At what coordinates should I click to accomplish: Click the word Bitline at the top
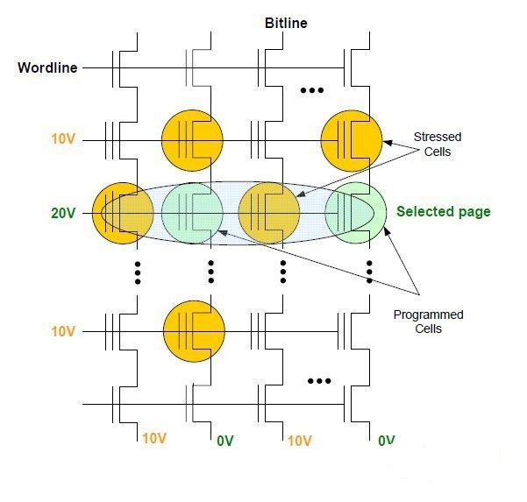[x=286, y=23]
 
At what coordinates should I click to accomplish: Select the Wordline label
[x=47, y=67]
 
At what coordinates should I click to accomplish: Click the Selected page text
[x=444, y=212]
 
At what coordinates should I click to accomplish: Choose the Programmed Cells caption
[x=428, y=322]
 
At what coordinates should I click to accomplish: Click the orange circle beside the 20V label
[x=117, y=213]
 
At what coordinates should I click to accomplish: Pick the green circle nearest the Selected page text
[x=355, y=213]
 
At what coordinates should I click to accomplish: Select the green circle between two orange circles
[x=193, y=213]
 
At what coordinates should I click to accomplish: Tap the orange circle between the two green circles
[x=269, y=213]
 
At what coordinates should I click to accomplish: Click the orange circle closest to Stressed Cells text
[x=352, y=138]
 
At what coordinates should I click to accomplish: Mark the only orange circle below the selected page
[x=195, y=330]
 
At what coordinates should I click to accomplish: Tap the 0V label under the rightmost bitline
[x=387, y=441]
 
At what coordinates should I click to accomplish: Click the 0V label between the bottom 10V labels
[x=225, y=441]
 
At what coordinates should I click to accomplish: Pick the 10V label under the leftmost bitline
[x=154, y=439]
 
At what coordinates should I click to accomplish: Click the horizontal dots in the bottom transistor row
[x=318, y=381]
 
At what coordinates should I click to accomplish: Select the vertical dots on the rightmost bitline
[x=368, y=272]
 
